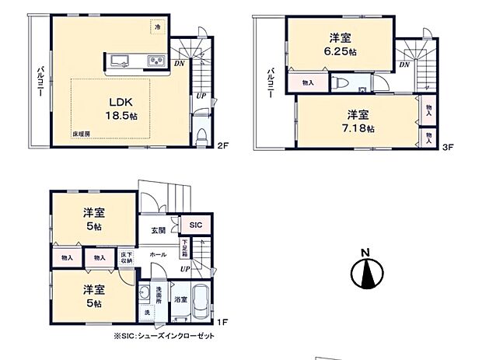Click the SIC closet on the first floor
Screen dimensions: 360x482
[195, 225]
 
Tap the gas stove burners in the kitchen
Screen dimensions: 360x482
[155, 62]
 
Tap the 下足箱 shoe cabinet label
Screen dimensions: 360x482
[184, 249]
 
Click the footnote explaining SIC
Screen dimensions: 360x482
[164, 336]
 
